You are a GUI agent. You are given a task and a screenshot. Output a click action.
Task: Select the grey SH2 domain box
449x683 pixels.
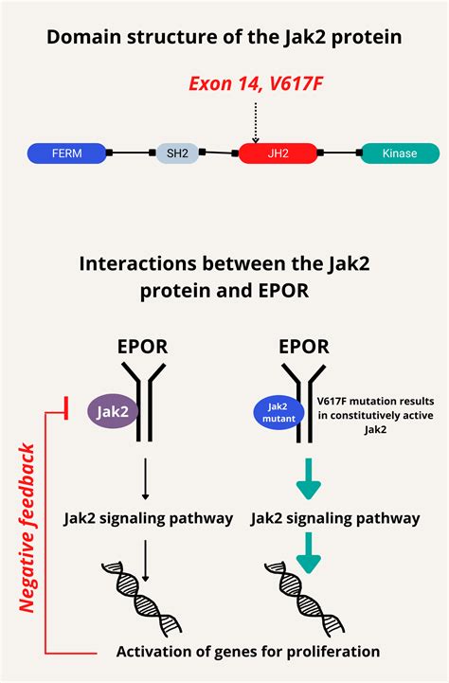coord(178,153)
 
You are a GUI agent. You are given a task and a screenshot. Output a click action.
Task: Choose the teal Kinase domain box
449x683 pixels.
coord(399,153)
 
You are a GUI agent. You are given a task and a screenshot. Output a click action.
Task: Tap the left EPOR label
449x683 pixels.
coord(142,346)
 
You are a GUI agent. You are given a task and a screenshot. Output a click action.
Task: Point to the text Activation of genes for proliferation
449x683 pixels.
coord(248,652)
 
